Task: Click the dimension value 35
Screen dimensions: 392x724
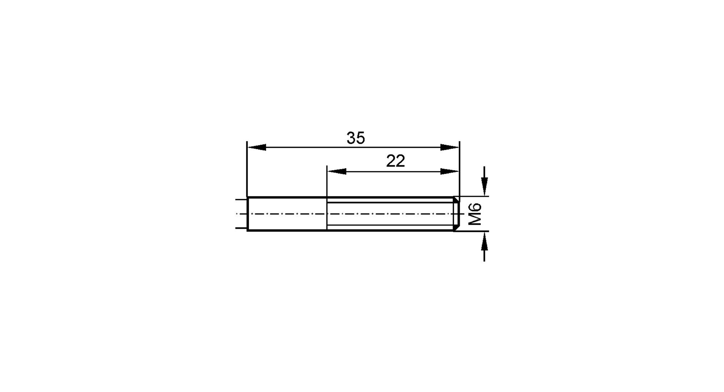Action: click(x=355, y=138)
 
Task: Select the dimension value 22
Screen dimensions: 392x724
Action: click(x=395, y=161)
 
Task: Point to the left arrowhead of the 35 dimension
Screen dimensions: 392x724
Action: click(x=257, y=147)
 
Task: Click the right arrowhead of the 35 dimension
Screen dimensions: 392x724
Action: click(x=450, y=147)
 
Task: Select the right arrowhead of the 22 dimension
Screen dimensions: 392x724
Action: click(x=450, y=172)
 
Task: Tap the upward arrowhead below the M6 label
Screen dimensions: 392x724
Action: click(x=484, y=241)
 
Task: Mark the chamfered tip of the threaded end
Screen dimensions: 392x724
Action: click(x=456, y=214)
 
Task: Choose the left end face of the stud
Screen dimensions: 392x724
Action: click(x=247, y=214)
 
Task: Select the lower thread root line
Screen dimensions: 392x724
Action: click(x=389, y=225)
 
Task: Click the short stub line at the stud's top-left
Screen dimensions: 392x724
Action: click(x=240, y=199)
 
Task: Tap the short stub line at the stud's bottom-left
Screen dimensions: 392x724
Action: click(x=240, y=228)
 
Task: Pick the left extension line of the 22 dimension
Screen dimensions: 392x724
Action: click(x=327, y=181)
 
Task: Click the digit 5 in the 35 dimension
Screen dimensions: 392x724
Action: click(x=360, y=138)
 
